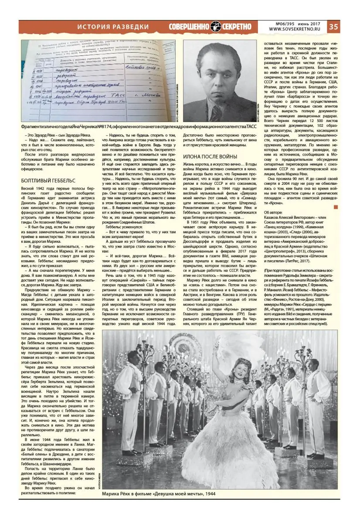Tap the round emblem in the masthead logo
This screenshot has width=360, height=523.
[216, 26]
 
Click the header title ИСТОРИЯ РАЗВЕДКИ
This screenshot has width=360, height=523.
[113, 27]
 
